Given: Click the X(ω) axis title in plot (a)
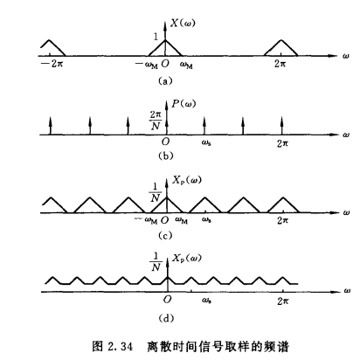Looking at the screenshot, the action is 183,23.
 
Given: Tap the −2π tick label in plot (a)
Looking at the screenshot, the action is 52,64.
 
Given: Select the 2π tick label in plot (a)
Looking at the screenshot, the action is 280,64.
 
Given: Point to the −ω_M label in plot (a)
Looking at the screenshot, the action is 147,65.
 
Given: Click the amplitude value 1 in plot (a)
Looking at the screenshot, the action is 156,37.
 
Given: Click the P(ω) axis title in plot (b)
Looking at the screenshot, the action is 183,103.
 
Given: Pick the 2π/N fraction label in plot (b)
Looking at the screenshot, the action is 156,121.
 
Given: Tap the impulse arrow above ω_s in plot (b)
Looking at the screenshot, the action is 204,126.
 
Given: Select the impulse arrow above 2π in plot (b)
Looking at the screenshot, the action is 281,126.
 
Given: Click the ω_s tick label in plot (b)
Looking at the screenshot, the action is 206,142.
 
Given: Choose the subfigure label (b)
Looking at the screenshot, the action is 165,156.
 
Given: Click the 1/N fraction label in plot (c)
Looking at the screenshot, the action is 156,193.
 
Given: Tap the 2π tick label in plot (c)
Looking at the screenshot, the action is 282,220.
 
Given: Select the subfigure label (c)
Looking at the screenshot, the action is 165,235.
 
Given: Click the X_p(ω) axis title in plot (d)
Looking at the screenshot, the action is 186,259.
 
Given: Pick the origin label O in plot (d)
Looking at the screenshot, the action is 167,299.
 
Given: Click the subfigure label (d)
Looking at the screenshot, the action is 166,318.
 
